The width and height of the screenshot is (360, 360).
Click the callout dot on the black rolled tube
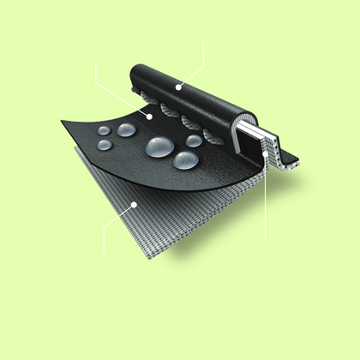point(177,87)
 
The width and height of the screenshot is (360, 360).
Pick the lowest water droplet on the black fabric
point(185,160)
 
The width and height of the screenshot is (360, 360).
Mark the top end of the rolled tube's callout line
point(202,41)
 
